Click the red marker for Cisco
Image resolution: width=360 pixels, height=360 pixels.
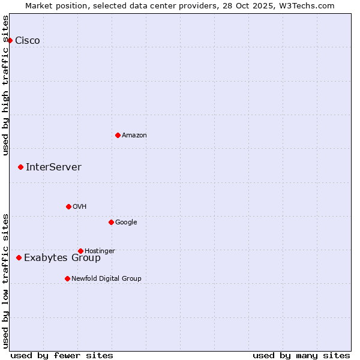[10, 40]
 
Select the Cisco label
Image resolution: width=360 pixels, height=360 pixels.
[28, 41]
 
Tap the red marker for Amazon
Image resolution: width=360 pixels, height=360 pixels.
[118, 135]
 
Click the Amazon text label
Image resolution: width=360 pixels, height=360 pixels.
[134, 136]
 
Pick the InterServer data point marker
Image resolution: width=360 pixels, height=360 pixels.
[20, 167]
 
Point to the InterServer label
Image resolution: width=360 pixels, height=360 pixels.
[53, 167]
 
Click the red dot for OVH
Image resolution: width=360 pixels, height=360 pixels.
[68, 206]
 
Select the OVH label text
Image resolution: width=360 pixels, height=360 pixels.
[80, 207]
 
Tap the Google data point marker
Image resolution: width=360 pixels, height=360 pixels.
[111, 222]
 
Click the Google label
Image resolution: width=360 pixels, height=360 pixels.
[126, 223]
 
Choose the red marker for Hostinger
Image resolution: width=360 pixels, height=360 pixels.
[80, 251]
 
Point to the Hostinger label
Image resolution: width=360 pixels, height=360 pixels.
[100, 251]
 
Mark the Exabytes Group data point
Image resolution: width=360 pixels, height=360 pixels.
[19, 257]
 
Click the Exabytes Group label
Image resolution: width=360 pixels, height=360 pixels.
[62, 258]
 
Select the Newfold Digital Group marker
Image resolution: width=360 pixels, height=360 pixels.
[67, 278]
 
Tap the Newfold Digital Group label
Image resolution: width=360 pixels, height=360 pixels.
[106, 278]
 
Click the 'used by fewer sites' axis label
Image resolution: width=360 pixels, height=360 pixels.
[62, 355]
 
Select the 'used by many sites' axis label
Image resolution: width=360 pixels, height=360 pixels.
[301, 355]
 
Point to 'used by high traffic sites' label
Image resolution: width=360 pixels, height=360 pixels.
[5, 85]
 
